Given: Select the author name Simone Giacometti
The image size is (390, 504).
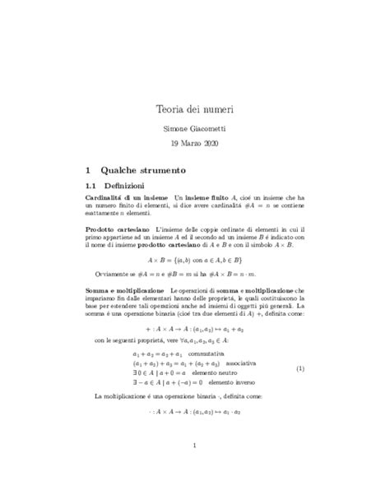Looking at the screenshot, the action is pos(194,129).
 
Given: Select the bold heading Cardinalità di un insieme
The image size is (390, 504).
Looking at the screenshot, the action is pos(127,199).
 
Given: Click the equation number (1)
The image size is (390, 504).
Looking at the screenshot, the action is pos(300,345).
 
